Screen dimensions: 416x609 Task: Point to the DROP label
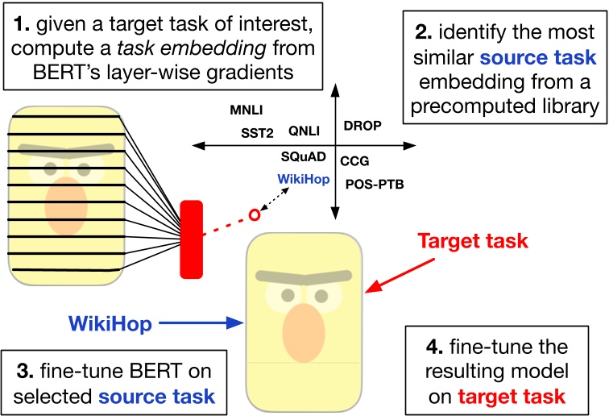[362, 125]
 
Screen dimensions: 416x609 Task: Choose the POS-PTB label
[375, 185]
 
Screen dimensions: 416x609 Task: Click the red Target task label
[474, 240]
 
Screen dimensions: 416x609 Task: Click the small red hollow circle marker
[255, 214]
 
